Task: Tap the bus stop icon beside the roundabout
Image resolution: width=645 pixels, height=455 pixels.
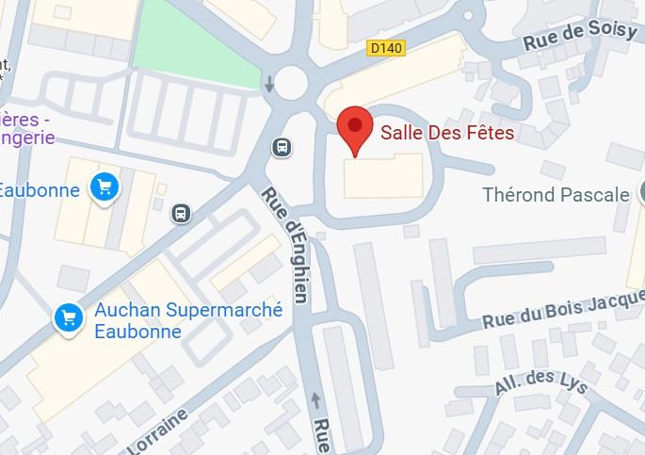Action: click(x=281, y=146)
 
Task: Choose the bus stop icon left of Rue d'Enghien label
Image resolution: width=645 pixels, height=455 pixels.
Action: click(x=181, y=214)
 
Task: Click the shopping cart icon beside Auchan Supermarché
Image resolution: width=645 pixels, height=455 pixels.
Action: click(x=68, y=317)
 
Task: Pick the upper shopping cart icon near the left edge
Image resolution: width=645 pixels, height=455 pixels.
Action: click(x=105, y=187)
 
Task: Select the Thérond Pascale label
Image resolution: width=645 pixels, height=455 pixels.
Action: click(x=556, y=195)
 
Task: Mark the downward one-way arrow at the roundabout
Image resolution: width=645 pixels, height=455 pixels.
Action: click(x=270, y=85)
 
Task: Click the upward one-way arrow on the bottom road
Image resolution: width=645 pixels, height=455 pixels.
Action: click(x=314, y=401)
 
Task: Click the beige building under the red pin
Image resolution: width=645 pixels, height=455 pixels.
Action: click(x=383, y=177)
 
